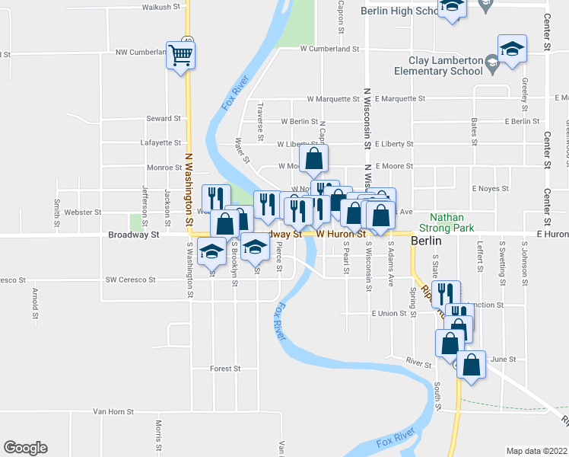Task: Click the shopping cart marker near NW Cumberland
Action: (181, 54)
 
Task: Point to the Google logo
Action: (25, 448)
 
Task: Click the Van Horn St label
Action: (113, 411)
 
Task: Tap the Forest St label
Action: (225, 369)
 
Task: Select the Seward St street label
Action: (164, 119)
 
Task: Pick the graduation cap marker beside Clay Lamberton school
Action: (512, 50)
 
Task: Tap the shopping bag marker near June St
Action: (472, 365)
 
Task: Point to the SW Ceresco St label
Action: (130, 280)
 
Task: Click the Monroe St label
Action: (164, 167)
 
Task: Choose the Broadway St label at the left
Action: (133, 235)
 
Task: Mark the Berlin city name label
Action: (426, 241)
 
